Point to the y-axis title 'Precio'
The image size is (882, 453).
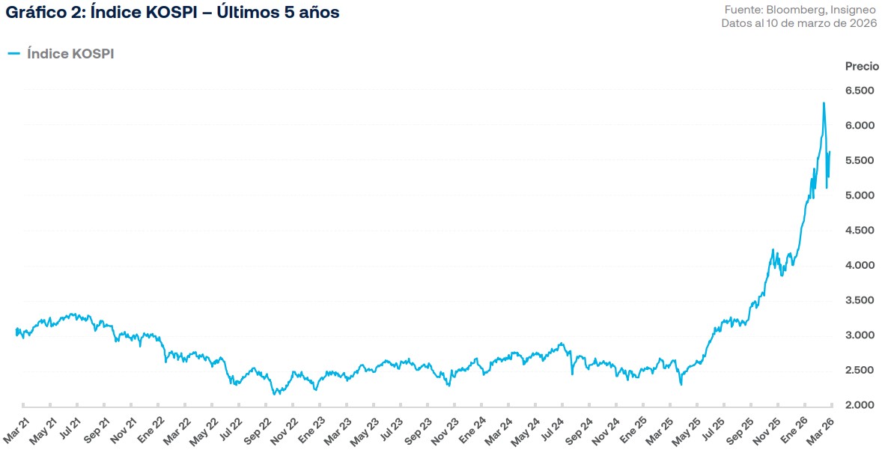click(x=862, y=66)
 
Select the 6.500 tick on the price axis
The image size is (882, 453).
click(x=860, y=91)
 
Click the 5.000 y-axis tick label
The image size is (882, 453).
click(x=860, y=195)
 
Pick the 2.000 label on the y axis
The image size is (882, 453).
click(x=860, y=405)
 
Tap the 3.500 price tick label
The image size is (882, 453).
click(x=860, y=300)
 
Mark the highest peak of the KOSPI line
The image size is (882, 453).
click(x=824, y=103)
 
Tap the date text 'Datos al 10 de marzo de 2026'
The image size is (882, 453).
click(x=799, y=23)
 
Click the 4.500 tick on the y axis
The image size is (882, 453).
click(x=860, y=231)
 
